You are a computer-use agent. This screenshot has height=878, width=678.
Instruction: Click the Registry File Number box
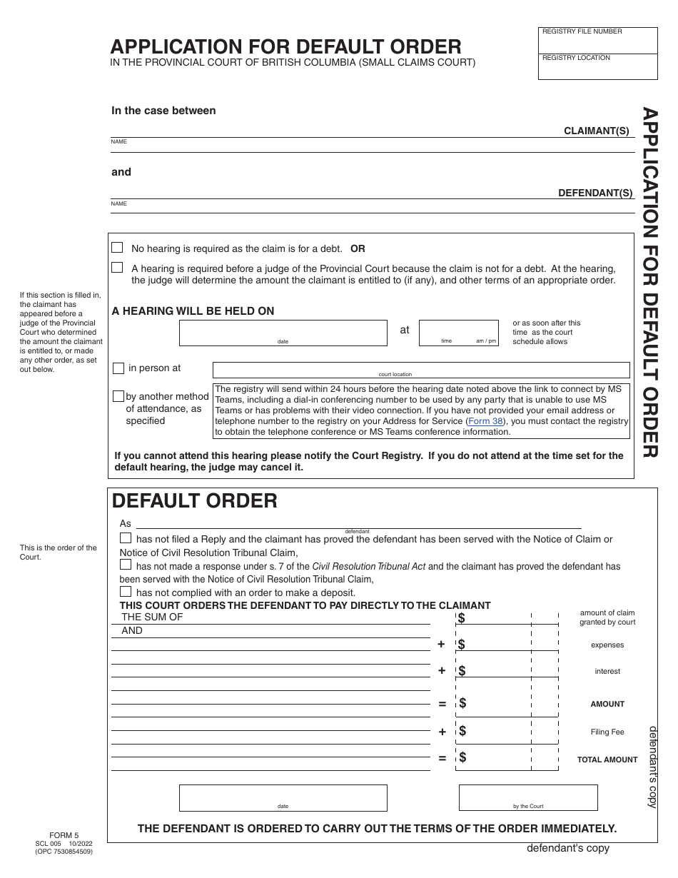(x=597, y=41)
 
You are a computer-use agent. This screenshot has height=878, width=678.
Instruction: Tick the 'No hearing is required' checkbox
(x=117, y=248)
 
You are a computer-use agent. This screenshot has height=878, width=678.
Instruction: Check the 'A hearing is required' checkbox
(x=117, y=268)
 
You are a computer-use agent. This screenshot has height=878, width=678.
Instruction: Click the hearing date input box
(x=283, y=332)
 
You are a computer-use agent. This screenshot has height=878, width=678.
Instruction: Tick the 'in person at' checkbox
(x=118, y=368)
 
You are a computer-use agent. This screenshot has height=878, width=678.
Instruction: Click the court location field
(x=421, y=369)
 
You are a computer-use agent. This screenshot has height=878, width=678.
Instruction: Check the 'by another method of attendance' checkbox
(x=118, y=396)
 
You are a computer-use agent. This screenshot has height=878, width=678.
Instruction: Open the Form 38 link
(x=485, y=421)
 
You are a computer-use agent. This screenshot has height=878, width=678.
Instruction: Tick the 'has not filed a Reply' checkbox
(x=126, y=538)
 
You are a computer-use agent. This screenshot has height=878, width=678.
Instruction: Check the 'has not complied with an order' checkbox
(x=126, y=592)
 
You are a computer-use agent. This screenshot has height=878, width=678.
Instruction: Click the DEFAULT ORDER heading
(x=195, y=501)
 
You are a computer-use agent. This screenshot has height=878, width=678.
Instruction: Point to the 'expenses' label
(x=607, y=645)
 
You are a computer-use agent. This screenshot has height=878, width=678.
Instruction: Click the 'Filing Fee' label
(x=607, y=732)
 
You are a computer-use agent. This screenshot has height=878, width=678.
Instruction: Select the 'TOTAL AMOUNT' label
(x=607, y=760)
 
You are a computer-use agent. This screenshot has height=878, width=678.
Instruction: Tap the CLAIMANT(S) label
(x=597, y=131)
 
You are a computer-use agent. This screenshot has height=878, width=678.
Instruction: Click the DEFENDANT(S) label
(x=594, y=193)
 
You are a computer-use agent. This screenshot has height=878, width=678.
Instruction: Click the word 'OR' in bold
(x=358, y=248)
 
